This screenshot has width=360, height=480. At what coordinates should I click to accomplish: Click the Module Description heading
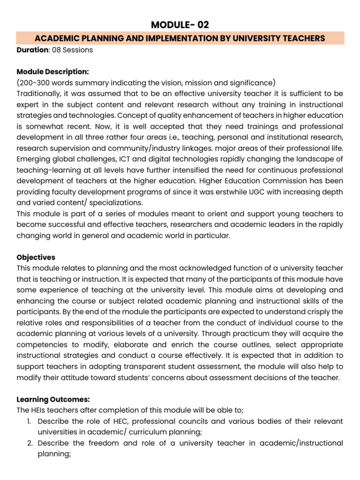[52, 72]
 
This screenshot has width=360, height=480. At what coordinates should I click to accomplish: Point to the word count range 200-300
[36, 82]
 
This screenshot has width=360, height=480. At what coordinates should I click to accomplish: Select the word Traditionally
[39, 93]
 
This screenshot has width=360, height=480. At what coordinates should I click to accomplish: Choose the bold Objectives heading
[36, 257]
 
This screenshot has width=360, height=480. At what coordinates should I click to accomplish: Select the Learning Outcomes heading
[53, 399]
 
